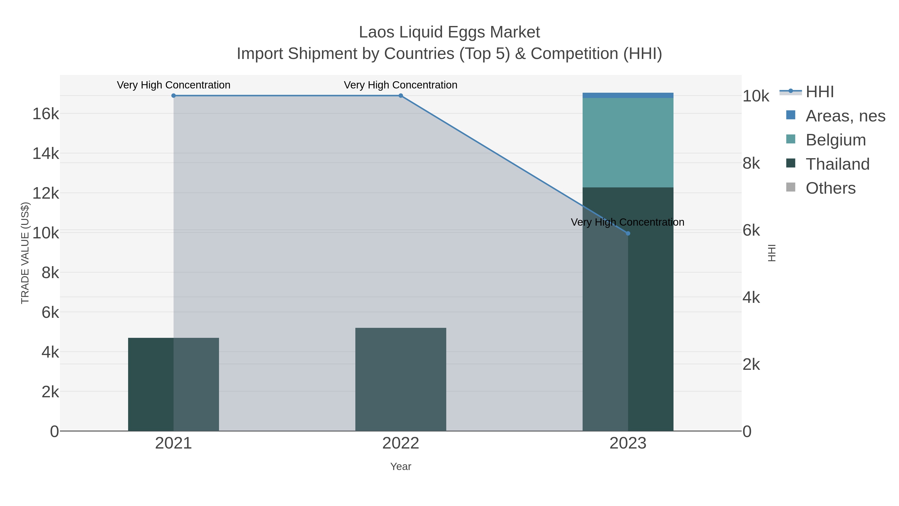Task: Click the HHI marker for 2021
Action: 174,96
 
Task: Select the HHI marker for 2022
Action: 401,96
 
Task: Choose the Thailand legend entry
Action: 837,164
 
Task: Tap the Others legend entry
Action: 830,188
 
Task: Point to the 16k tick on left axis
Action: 46,114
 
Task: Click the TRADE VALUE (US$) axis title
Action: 25,253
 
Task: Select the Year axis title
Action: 401,467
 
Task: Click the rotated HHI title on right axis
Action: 772,253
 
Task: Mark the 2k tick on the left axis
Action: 50,392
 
